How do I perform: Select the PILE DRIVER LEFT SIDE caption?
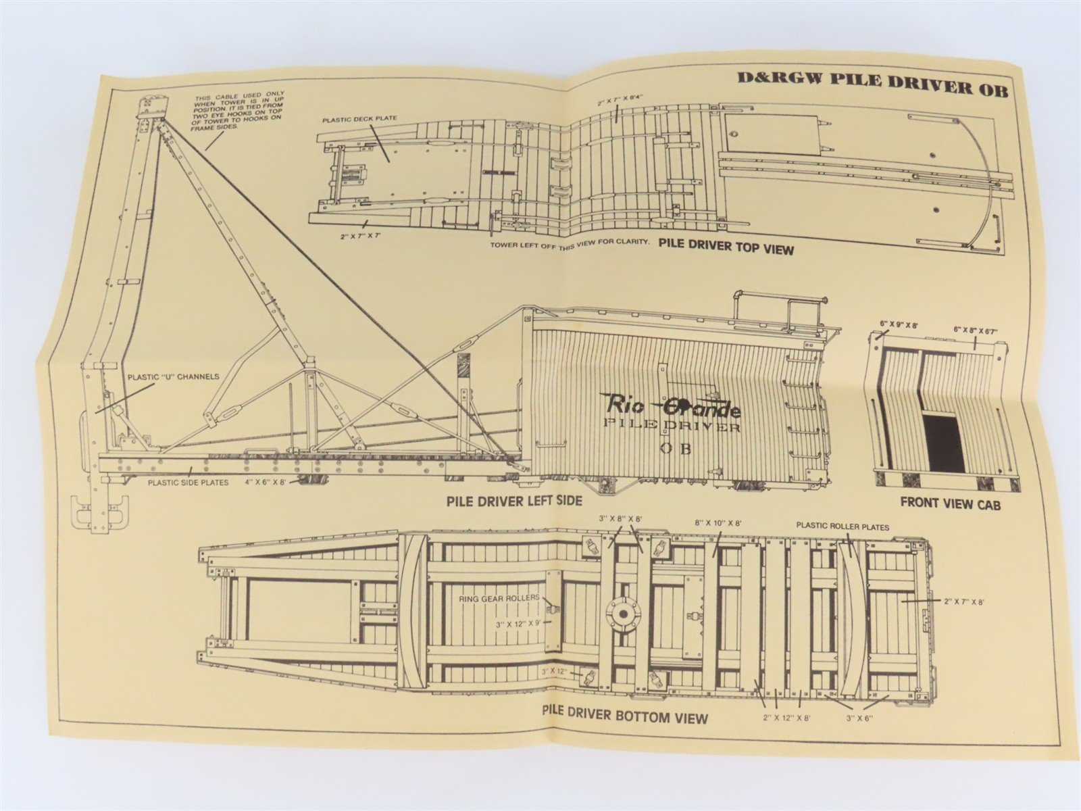pos(513,501)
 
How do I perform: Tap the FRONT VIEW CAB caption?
pos(950,503)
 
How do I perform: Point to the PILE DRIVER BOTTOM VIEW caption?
pos(625,715)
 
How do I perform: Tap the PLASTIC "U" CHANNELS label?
pos(173,376)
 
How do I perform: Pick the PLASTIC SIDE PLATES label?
pos(189,482)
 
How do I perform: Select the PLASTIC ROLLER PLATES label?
pos(843,525)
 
